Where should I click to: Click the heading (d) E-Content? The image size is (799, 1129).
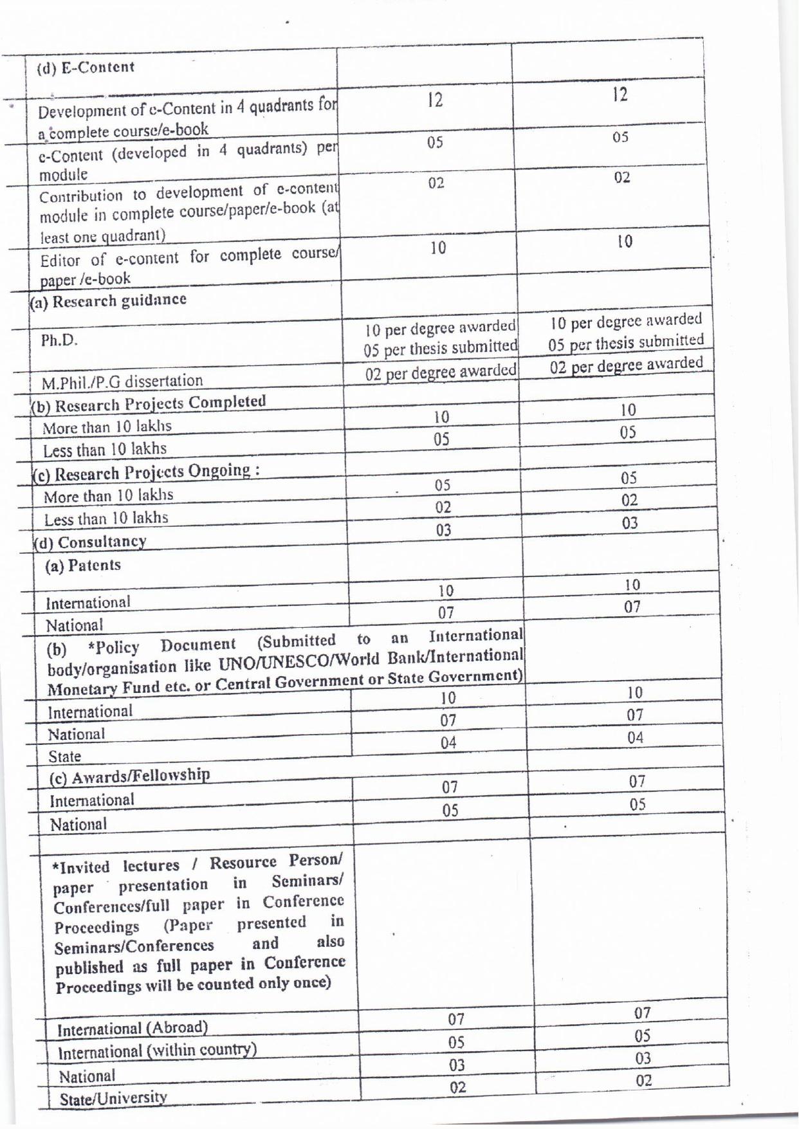(x=86, y=68)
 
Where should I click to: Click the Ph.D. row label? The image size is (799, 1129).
(x=59, y=340)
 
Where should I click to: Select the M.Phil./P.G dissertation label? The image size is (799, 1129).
(x=122, y=381)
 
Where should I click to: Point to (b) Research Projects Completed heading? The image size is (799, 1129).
(x=149, y=403)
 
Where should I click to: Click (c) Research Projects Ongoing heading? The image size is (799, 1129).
(x=147, y=472)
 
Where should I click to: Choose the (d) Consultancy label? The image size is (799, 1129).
(x=91, y=542)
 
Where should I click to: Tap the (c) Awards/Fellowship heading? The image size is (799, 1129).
(x=130, y=776)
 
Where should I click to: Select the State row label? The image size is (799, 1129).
(x=64, y=757)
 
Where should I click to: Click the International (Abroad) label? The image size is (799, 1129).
(x=133, y=1029)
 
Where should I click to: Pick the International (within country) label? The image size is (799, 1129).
(x=158, y=1051)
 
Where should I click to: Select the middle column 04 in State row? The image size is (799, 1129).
(x=448, y=743)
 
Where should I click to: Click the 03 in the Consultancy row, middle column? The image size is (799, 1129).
(x=443, y=531)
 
